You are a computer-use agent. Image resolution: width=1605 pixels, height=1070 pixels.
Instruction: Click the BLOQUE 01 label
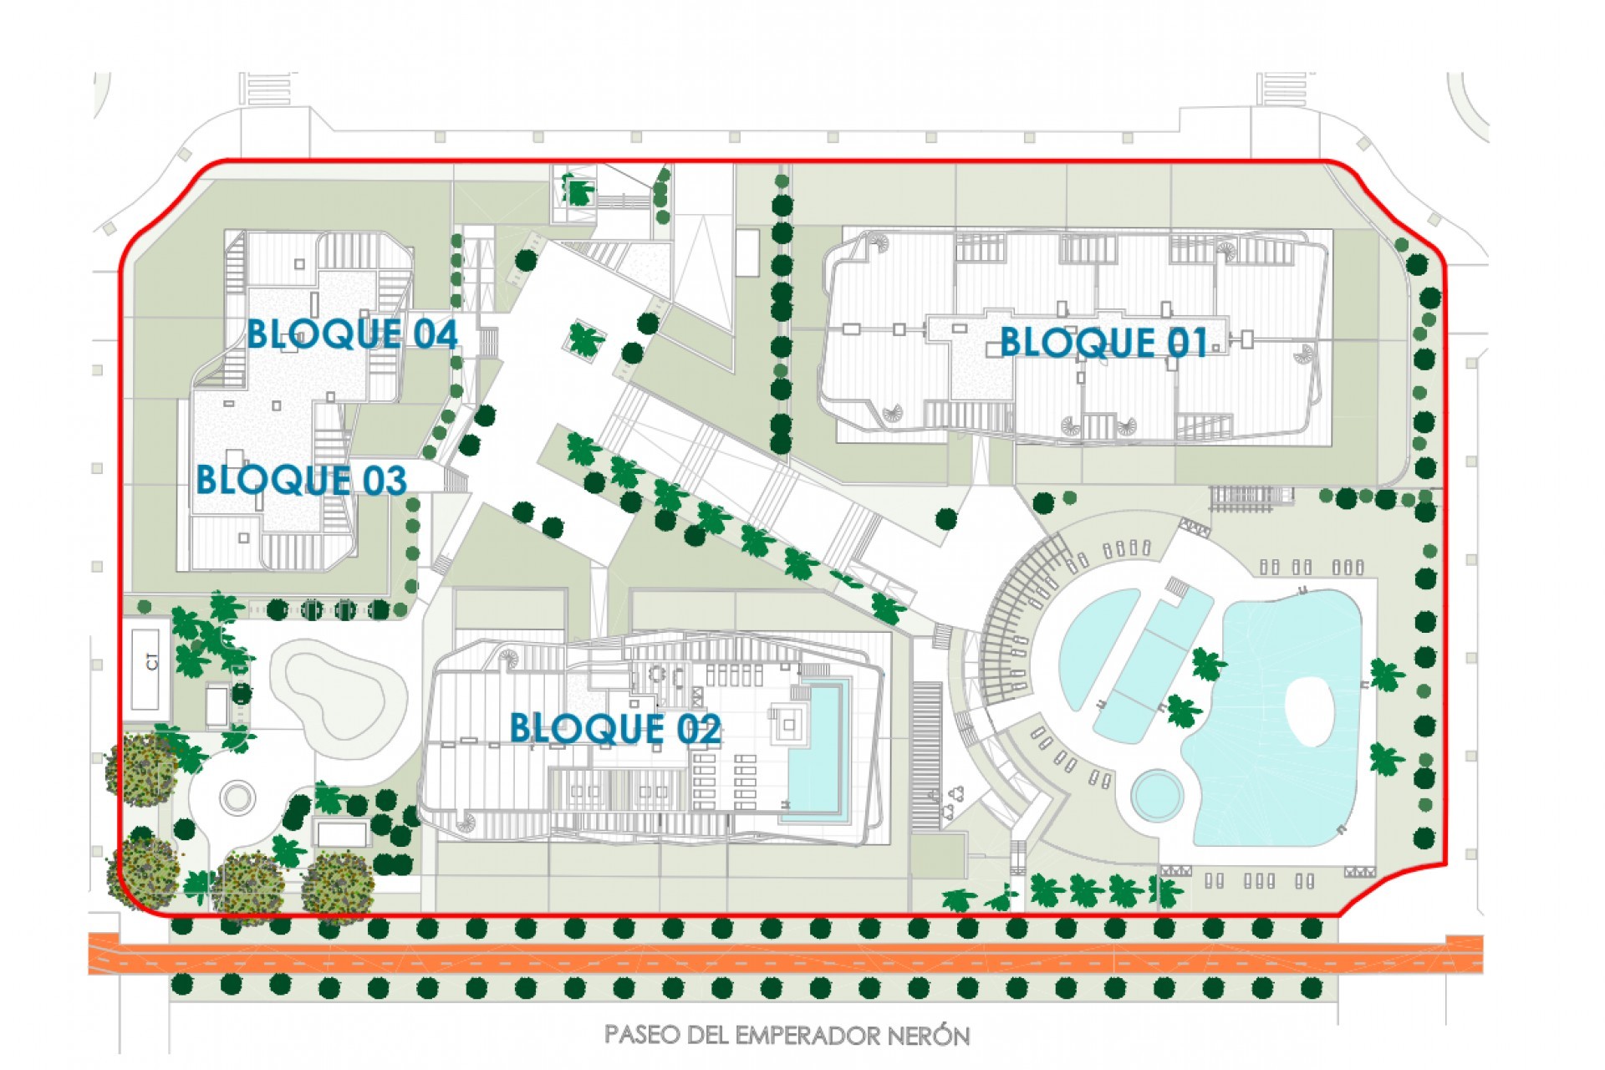coord(1103,343)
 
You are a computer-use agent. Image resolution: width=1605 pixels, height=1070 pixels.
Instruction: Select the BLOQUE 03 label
coord(301,481)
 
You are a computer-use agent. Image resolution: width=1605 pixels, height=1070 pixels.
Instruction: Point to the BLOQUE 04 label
coord(351,334)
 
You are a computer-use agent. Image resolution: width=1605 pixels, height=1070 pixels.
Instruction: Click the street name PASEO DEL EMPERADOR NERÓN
coord(787,1036)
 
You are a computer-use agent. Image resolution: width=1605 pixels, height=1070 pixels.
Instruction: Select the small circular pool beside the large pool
coord(1158,794)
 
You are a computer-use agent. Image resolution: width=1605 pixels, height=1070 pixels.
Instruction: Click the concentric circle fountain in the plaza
coord(237,797)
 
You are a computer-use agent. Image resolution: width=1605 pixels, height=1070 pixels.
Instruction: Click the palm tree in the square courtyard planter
coord(585,339)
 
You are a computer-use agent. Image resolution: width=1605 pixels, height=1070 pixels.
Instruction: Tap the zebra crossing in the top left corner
coord(267,89)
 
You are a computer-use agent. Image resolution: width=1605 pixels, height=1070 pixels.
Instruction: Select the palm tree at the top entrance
coord(578,191)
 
